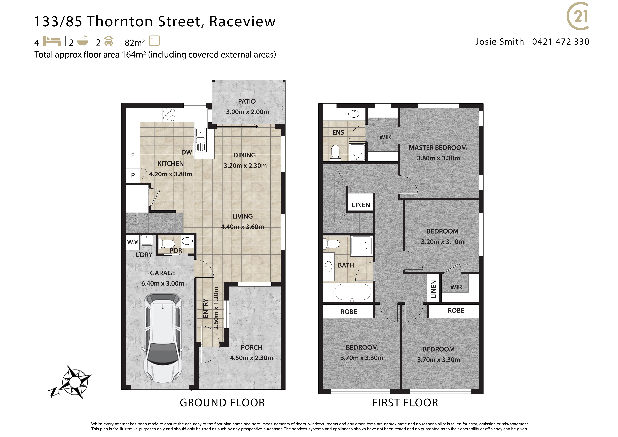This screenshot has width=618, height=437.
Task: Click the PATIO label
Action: tap(247, 101)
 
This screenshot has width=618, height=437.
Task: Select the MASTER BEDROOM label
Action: tap(438, 148)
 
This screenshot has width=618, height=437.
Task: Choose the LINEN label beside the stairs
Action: tap(361, 205)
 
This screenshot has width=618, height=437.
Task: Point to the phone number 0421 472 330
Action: tap(561, 42)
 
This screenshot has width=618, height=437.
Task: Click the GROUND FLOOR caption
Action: tap(222, 403)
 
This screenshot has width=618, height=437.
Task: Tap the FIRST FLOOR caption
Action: tap(405, 403)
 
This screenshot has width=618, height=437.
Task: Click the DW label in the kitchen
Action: tap(186, 152)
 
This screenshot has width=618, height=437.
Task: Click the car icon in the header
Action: tap(109, 41)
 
